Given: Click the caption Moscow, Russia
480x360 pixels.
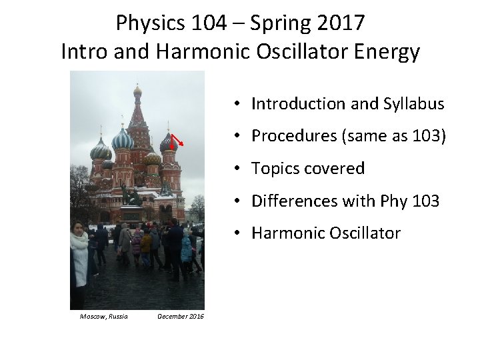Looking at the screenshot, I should (103, 316).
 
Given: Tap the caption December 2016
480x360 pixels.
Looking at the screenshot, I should (181, 316).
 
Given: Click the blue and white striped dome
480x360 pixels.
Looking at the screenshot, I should (123, 139).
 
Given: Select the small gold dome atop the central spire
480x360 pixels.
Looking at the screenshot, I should (137, 90).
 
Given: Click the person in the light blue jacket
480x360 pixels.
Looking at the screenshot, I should (186, 249).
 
